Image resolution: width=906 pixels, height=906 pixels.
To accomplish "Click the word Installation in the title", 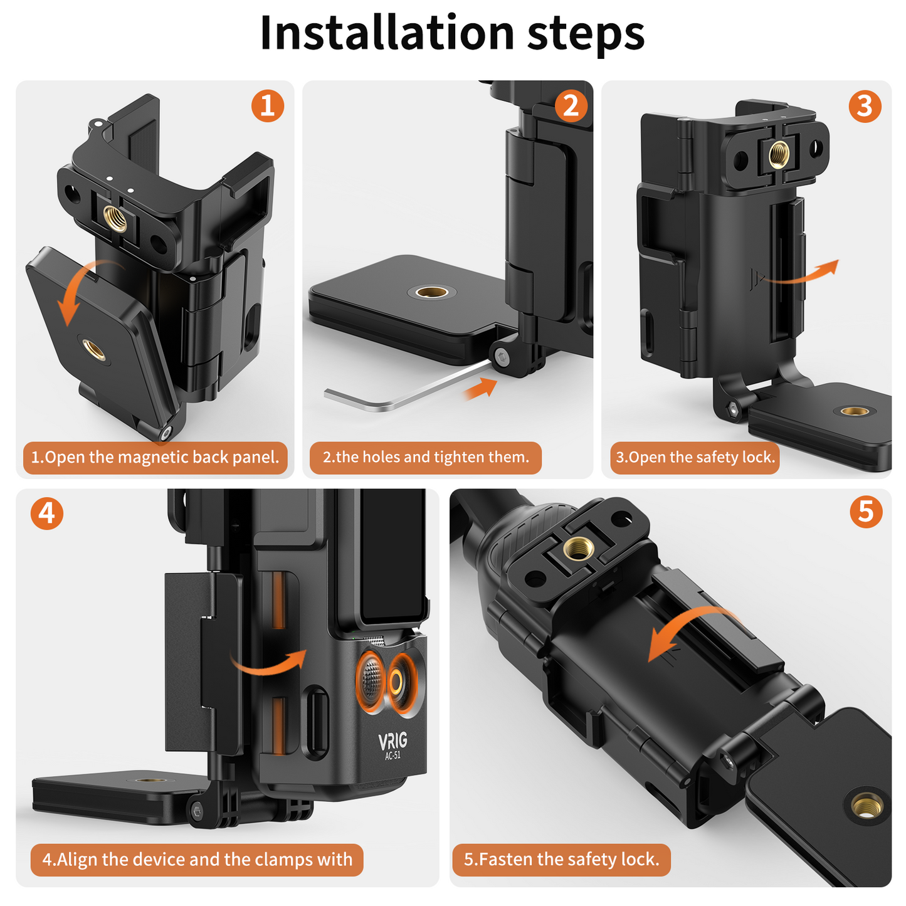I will (386, 33).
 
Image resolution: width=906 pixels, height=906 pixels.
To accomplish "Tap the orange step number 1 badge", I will (268, 105).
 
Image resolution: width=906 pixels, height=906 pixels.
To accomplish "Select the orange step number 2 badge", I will (571, 105).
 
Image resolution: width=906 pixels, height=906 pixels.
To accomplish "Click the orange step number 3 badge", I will (865, 105).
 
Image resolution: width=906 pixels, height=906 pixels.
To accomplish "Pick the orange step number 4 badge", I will (47, 514).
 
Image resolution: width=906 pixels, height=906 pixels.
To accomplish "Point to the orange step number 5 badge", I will (866, 512).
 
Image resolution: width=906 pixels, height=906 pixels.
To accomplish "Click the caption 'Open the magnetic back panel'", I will (155, 458).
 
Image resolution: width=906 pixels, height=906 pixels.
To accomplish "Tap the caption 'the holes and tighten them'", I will (426, 458).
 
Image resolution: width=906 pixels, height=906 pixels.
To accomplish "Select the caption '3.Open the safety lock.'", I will (695, 458).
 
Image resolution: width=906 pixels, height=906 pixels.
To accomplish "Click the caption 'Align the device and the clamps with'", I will (197, 860).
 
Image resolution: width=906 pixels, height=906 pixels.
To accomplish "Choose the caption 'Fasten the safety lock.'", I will (561, 860).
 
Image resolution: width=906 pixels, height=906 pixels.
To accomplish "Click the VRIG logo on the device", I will (393, 741).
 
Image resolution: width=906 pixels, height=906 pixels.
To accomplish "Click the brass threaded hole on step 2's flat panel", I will (431, 292).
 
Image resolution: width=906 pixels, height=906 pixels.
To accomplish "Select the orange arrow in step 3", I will (806, 273).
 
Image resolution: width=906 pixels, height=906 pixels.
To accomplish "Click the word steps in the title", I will (586, 33).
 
